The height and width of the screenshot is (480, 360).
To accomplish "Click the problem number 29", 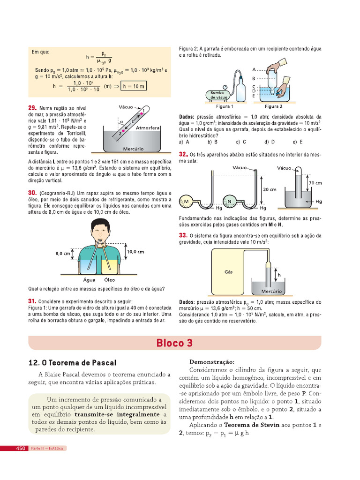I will (32, 108).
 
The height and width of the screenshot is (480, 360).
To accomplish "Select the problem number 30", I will (32, 193).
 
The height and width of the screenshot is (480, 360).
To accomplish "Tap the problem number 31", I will (32, 301).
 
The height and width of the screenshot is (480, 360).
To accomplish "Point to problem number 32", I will (183, 154).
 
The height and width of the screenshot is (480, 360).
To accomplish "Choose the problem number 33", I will (183, 235).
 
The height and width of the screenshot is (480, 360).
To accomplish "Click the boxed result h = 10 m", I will (133, 86).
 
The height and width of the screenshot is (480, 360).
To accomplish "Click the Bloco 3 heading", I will (174, 343).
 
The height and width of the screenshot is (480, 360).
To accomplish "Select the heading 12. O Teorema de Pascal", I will (72, 363).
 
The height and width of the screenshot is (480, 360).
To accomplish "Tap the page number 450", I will (21, 449).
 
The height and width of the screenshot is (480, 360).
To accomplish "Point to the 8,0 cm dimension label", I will (62, 253).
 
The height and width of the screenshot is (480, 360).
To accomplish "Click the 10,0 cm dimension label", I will (135, 252).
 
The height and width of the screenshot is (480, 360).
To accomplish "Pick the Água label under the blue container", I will (89, 280).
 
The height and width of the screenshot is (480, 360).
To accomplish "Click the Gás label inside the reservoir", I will (229, 271).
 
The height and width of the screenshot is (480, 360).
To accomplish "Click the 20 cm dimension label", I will (270, 189).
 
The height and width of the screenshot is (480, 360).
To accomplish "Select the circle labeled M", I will (187, 201).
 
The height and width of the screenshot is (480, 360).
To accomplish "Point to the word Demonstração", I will (211, 362).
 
